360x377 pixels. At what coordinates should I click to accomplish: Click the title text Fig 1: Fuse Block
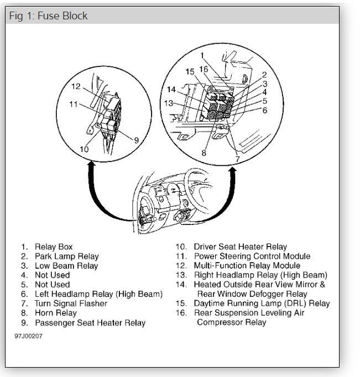pos(48,15)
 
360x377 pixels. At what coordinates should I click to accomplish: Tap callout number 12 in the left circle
pos(76,86)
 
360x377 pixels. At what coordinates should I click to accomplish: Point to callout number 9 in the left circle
pos(135,140)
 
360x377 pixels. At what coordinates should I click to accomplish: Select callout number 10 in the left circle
pos(84,149)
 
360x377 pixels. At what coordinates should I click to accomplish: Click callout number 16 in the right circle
pos(204,69)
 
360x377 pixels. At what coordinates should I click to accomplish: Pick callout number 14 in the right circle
pos(171,90)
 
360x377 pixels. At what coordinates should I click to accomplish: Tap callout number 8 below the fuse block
pos(204,153)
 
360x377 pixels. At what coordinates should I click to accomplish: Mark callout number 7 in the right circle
pos(237,159)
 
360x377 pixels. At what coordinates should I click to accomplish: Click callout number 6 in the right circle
pos(265,111)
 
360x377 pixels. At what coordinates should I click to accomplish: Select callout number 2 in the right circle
pos(265,74)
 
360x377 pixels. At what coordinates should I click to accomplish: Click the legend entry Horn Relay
pos(55,313)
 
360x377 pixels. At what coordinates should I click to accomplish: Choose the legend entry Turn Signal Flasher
pos(71,303)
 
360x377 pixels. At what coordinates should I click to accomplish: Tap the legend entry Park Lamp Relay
pos(66,256)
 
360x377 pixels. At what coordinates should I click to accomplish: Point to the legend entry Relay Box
pos(53,247)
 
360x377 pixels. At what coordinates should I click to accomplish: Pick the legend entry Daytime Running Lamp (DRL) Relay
pos(262,303)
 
